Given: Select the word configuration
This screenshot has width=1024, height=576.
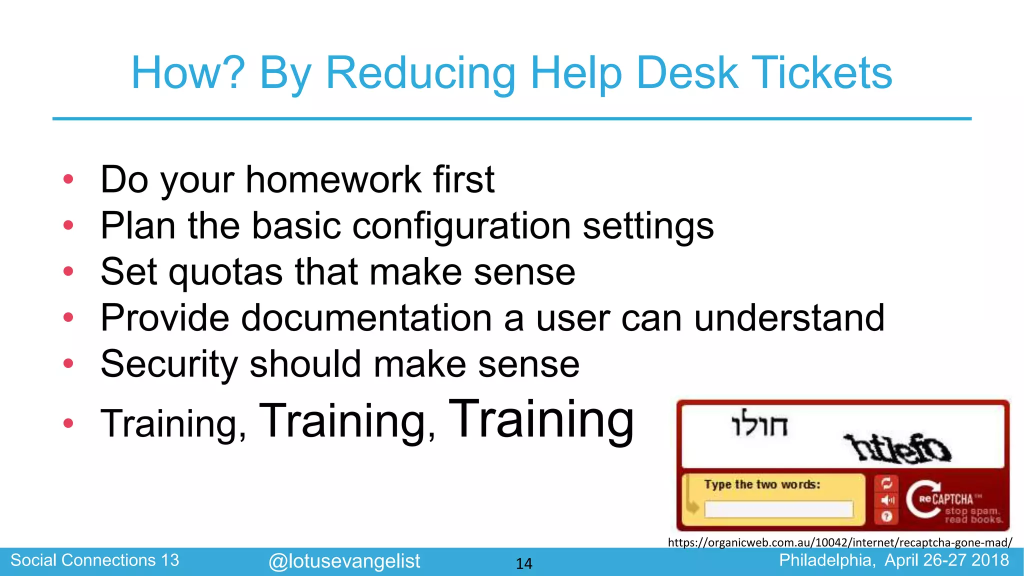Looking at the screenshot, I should coord(461,226).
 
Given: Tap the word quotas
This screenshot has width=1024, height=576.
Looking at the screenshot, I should coord(225,272).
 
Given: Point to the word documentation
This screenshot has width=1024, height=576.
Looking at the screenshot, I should coord(366,318).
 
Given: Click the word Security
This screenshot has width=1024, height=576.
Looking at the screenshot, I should coord(169,364).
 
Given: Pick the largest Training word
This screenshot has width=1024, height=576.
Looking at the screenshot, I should coord(541,418).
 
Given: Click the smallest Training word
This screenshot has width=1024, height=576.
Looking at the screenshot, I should coord(173,424).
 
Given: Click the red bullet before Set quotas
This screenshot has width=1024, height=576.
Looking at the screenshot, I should coord(68,271).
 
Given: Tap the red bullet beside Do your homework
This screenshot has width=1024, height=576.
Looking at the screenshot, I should coord(68,179).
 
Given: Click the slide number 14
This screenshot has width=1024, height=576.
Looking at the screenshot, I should coord(523,563).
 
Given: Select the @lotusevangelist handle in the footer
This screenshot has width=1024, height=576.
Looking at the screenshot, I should coord(344,561).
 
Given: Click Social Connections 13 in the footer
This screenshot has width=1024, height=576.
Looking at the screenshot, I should coord(94,560).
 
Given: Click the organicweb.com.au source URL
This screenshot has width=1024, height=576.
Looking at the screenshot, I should coord(839,542).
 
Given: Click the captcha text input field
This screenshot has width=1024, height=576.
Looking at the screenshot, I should coord(778,509).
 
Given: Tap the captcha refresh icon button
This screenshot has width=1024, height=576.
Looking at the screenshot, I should coord(886,483).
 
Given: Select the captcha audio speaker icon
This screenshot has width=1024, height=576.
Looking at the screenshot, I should coord(886,500).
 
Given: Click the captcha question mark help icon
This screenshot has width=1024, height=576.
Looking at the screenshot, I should coord(886,516).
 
